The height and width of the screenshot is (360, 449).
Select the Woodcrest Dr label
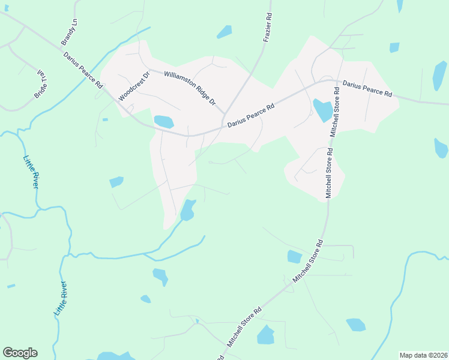pos(134,86)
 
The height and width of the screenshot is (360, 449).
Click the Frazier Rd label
pos(268,29)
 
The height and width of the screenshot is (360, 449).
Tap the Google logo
pos(20,353)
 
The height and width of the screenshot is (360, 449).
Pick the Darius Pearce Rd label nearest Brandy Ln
pos(83,70)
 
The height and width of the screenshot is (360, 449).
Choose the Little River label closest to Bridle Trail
pos(31,173)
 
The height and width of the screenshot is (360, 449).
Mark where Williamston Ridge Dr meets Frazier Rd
pos(225,112)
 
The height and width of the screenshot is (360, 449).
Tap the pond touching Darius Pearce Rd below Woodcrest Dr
pos(163,122)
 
